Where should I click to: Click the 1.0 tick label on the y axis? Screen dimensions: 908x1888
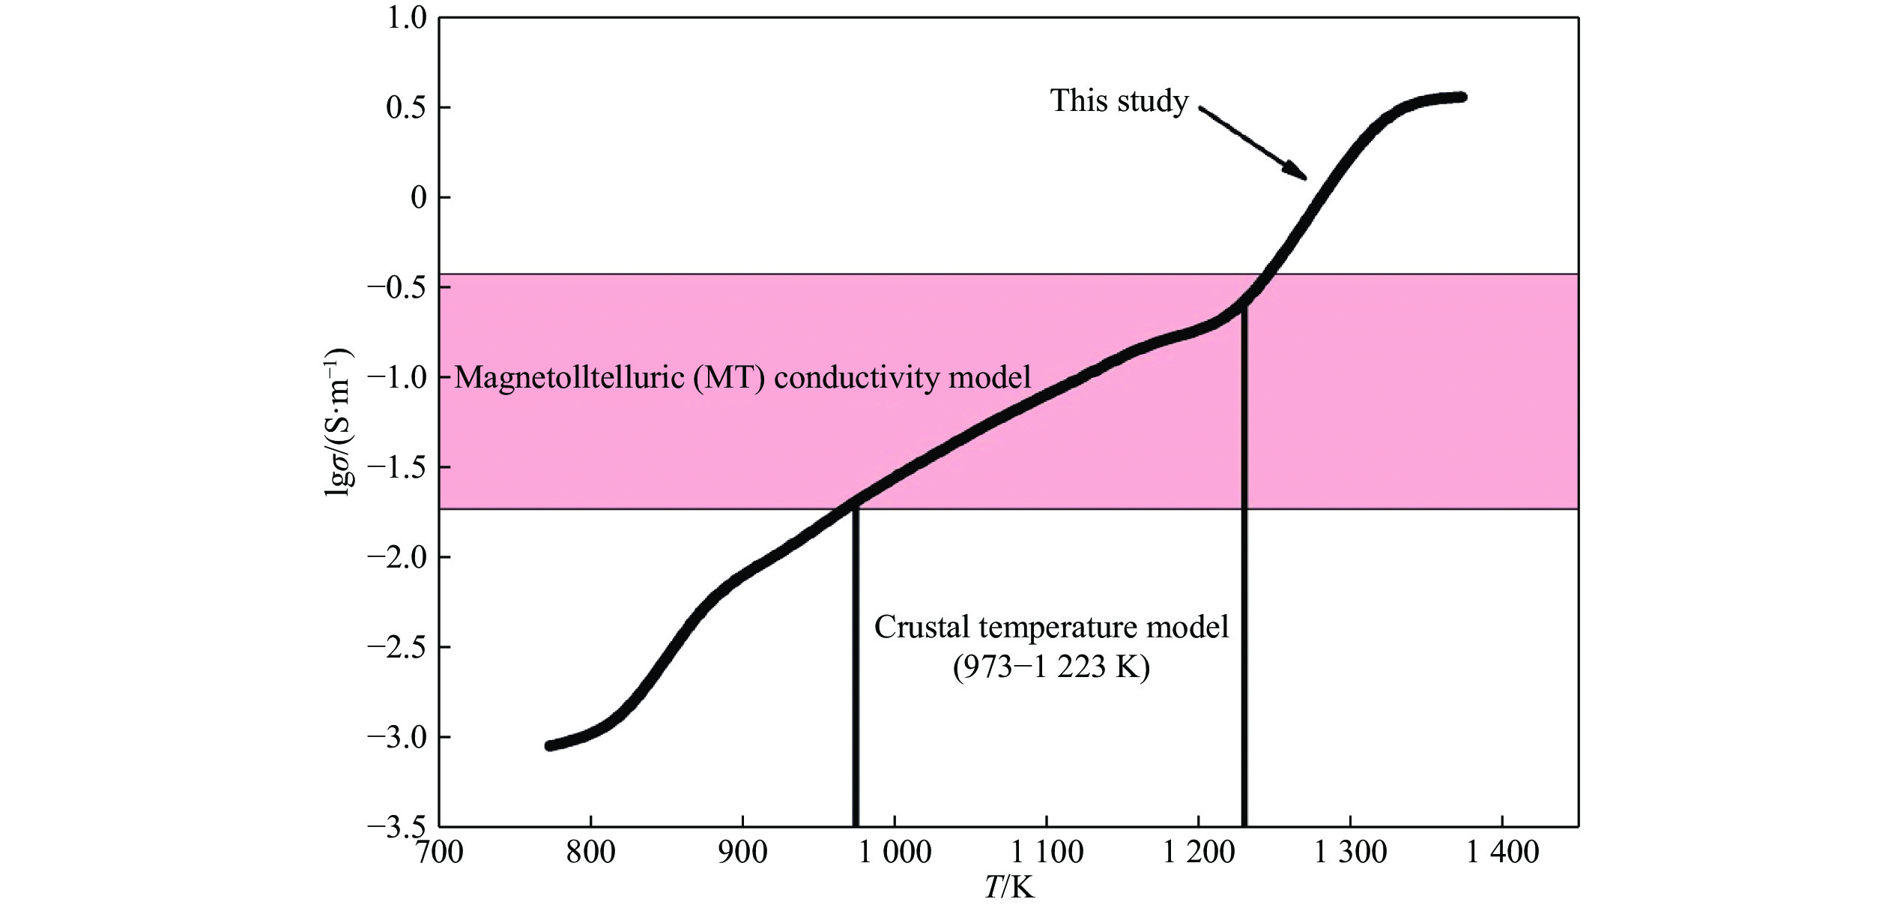(x=405, y=18)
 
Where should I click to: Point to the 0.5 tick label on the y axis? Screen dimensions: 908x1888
(x=405, y=108)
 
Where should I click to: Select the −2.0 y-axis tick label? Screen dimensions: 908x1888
(x=396, y=558)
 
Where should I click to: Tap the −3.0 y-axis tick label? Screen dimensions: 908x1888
(x=396, y=738)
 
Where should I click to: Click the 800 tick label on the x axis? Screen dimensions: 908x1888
(x=590, y=853)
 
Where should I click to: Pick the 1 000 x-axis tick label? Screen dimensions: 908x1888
(x=895, y=853)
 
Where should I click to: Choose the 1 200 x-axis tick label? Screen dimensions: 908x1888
(x=1199, y=853)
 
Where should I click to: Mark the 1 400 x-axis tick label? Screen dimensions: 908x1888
(x=1502, y=853)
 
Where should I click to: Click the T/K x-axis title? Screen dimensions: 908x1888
(x=1009, y=888)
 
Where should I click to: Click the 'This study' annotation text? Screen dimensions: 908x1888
(x=1119, y=101)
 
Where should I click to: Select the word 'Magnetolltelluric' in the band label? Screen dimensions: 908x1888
(x=569, y=377)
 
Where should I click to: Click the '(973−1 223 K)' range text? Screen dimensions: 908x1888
(x=1051, y=667)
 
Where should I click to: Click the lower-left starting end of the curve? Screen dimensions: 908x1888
(x=551, y=745)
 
